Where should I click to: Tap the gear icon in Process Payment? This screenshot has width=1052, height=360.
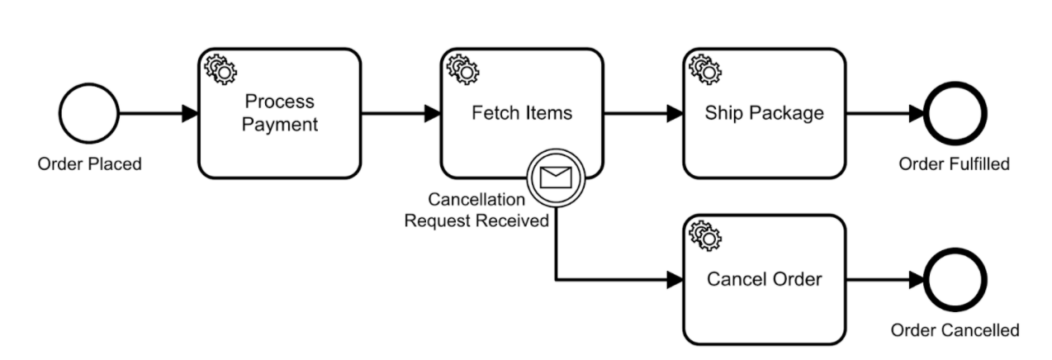click(x=220, y=69)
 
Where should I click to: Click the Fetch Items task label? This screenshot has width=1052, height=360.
click(x=522, y=113)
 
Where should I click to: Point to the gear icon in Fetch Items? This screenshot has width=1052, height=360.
click(x=463, y=69)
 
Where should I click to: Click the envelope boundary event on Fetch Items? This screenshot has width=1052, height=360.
click(x=556, y=178)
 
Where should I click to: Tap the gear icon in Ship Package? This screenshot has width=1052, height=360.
click(x=705, y=69)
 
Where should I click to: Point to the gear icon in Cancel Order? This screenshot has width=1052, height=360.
click(x=705, y=236)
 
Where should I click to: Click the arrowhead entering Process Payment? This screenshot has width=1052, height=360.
click(x=190, y=113)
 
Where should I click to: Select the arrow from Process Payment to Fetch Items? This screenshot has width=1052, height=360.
click(x=401, y=113)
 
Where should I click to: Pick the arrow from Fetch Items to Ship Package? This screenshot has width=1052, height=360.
click(x=643, y=113)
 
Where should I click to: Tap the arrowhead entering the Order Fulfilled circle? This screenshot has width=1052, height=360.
click(x=917, y=113)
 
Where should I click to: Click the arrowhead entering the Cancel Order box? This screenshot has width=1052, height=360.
click(x=675, y=280)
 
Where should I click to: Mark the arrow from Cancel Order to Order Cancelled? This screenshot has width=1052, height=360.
click(x=885, y=280)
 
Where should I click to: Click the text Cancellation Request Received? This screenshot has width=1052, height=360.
click(x=476, y=210)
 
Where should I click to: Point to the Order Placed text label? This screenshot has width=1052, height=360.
click(x=90, y=163)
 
